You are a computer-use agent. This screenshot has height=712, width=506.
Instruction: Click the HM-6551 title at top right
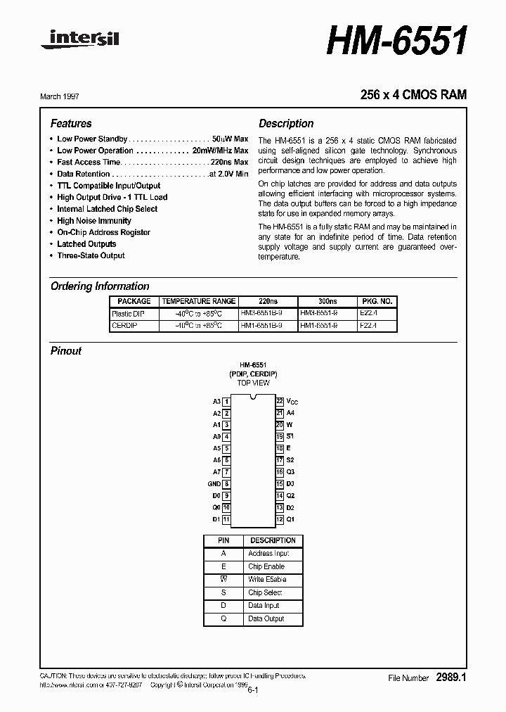pos(397,42)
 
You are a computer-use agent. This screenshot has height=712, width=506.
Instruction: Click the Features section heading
pos(71,123)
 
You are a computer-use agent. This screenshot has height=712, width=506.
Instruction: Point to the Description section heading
pos(286,123)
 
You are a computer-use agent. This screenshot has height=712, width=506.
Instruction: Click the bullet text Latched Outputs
pos(86,244)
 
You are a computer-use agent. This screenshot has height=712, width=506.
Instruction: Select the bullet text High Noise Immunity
pos(94,221)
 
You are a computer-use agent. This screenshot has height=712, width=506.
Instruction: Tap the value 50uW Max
pos(230,139)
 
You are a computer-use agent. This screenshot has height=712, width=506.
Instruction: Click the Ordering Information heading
pos(100,286)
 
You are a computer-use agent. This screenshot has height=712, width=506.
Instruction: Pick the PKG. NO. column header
pos(376,301)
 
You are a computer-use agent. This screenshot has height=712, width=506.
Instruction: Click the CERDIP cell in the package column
pos(122,326)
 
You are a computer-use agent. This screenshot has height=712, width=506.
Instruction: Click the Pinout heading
pos(66,350)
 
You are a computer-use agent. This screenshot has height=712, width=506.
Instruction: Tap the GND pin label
pos(214,484)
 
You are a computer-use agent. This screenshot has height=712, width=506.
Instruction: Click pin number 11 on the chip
pos(226,519)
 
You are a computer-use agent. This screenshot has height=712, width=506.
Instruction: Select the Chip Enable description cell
pos(266,566)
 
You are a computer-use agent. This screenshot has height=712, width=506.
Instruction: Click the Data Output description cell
pos(266,618)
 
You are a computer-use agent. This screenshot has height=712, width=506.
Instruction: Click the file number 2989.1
pos(451,678)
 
